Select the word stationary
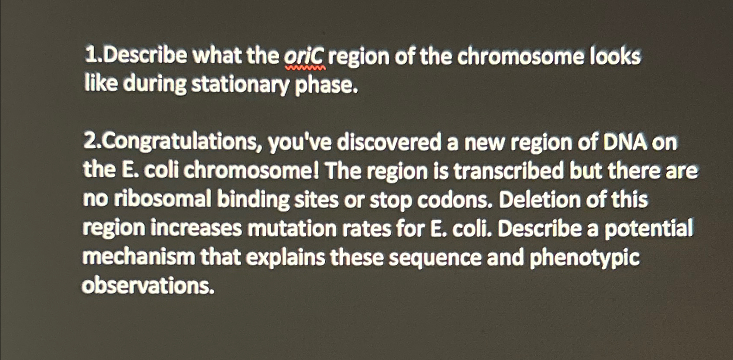click(240, 85)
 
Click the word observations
click(148, 285)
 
